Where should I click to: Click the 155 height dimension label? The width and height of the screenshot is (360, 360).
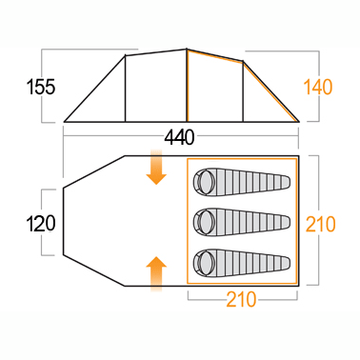pyautogui.click(x=41, y=87)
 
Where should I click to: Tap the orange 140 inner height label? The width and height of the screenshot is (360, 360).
pyautogui.click(x=318, y=87)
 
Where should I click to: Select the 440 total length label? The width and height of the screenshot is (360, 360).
pyautogui.click(x=179, y=138)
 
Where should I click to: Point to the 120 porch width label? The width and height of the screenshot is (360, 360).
pyautogui.click(x=41, y=223)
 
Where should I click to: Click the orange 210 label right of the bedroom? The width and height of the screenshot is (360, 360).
pyautogui.click(x=320, y=224)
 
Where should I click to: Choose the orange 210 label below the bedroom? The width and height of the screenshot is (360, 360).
pyautogui.click(x=241, y=299)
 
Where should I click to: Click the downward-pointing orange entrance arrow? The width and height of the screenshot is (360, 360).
pyautogui.click(x=156, y=167)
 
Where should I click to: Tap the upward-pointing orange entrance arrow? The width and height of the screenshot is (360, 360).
pyautogui.click(x=156, y=274)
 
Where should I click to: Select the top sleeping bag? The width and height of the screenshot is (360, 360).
pyautogui.click(x=242, y=182)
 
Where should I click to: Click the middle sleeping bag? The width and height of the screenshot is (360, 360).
pyautogui.click(x=242, y=222)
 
